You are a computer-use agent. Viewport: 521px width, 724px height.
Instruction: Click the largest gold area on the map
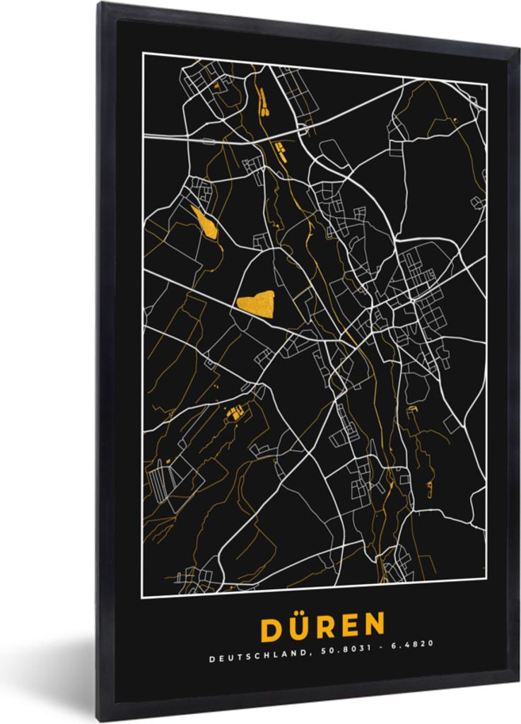tap(256, 302)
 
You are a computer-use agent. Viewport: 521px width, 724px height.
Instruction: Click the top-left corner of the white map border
tap(144, 53)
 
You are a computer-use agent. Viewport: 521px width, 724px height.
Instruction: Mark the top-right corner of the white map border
tap(486, 83)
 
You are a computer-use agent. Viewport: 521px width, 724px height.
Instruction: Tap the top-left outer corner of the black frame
tap(100, 2)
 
